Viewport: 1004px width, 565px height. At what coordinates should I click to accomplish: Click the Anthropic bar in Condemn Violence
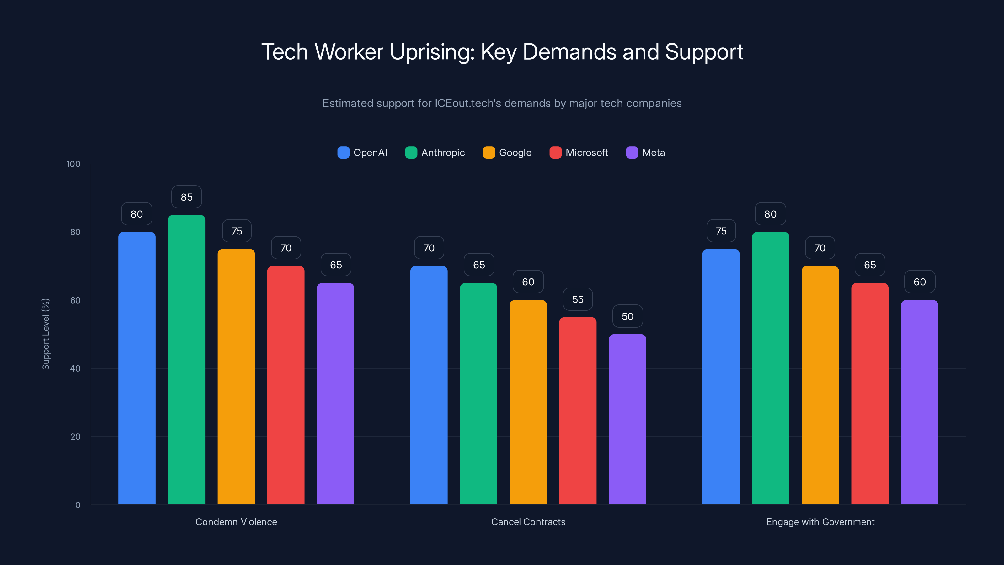(x=186, y=359)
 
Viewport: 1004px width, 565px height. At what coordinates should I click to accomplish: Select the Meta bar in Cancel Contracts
(x=627, y=419)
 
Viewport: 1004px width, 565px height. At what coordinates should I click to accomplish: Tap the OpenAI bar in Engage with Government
(x=721, y=377)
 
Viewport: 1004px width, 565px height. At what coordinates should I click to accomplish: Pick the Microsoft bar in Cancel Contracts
(x=578, y=411)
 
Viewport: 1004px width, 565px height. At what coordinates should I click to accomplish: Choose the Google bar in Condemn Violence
(x=236, y=377)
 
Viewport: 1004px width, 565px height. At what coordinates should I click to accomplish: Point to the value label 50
(x=627, y=316)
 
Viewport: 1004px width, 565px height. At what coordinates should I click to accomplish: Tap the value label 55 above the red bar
(x=578, y=299)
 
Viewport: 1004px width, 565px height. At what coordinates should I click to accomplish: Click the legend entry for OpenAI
(x=362, y=153)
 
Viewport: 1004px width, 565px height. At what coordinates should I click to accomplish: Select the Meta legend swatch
(x=632, y=153)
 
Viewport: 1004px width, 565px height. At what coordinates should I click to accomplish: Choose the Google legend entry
(x=507, y=153)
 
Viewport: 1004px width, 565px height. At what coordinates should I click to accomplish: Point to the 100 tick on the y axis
(x=73, y=164)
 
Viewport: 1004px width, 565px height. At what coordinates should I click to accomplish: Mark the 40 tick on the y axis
(x=75, y=369)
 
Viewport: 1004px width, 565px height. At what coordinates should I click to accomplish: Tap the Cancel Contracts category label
(x=528, y=522)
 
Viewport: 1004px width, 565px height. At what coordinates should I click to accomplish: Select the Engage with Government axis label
(x=820, y=522)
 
